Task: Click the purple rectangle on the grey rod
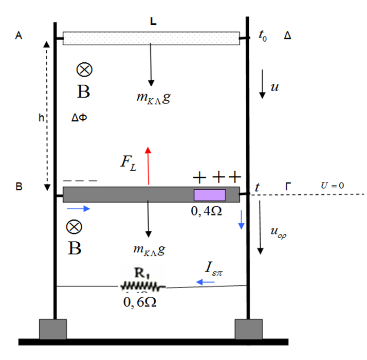[209, 195]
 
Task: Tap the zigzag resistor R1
[142, 284]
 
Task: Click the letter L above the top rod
[153, 23]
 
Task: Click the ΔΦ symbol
[79, 117]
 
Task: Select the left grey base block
[53, 329]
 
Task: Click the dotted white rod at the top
[151, 38]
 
